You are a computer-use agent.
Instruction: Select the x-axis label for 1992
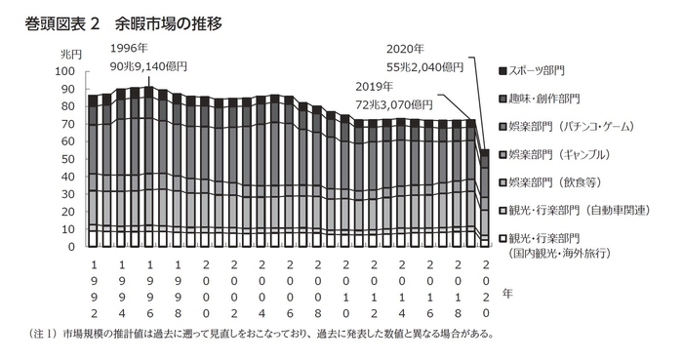coord(94,290)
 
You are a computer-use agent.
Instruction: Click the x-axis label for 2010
coord(345,290)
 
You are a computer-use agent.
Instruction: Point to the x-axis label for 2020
coord(485,290)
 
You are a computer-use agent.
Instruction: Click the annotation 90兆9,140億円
coord(148,66)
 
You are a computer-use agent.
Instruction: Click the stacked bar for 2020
coord(485,199)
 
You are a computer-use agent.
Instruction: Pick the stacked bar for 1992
coord(94,171)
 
